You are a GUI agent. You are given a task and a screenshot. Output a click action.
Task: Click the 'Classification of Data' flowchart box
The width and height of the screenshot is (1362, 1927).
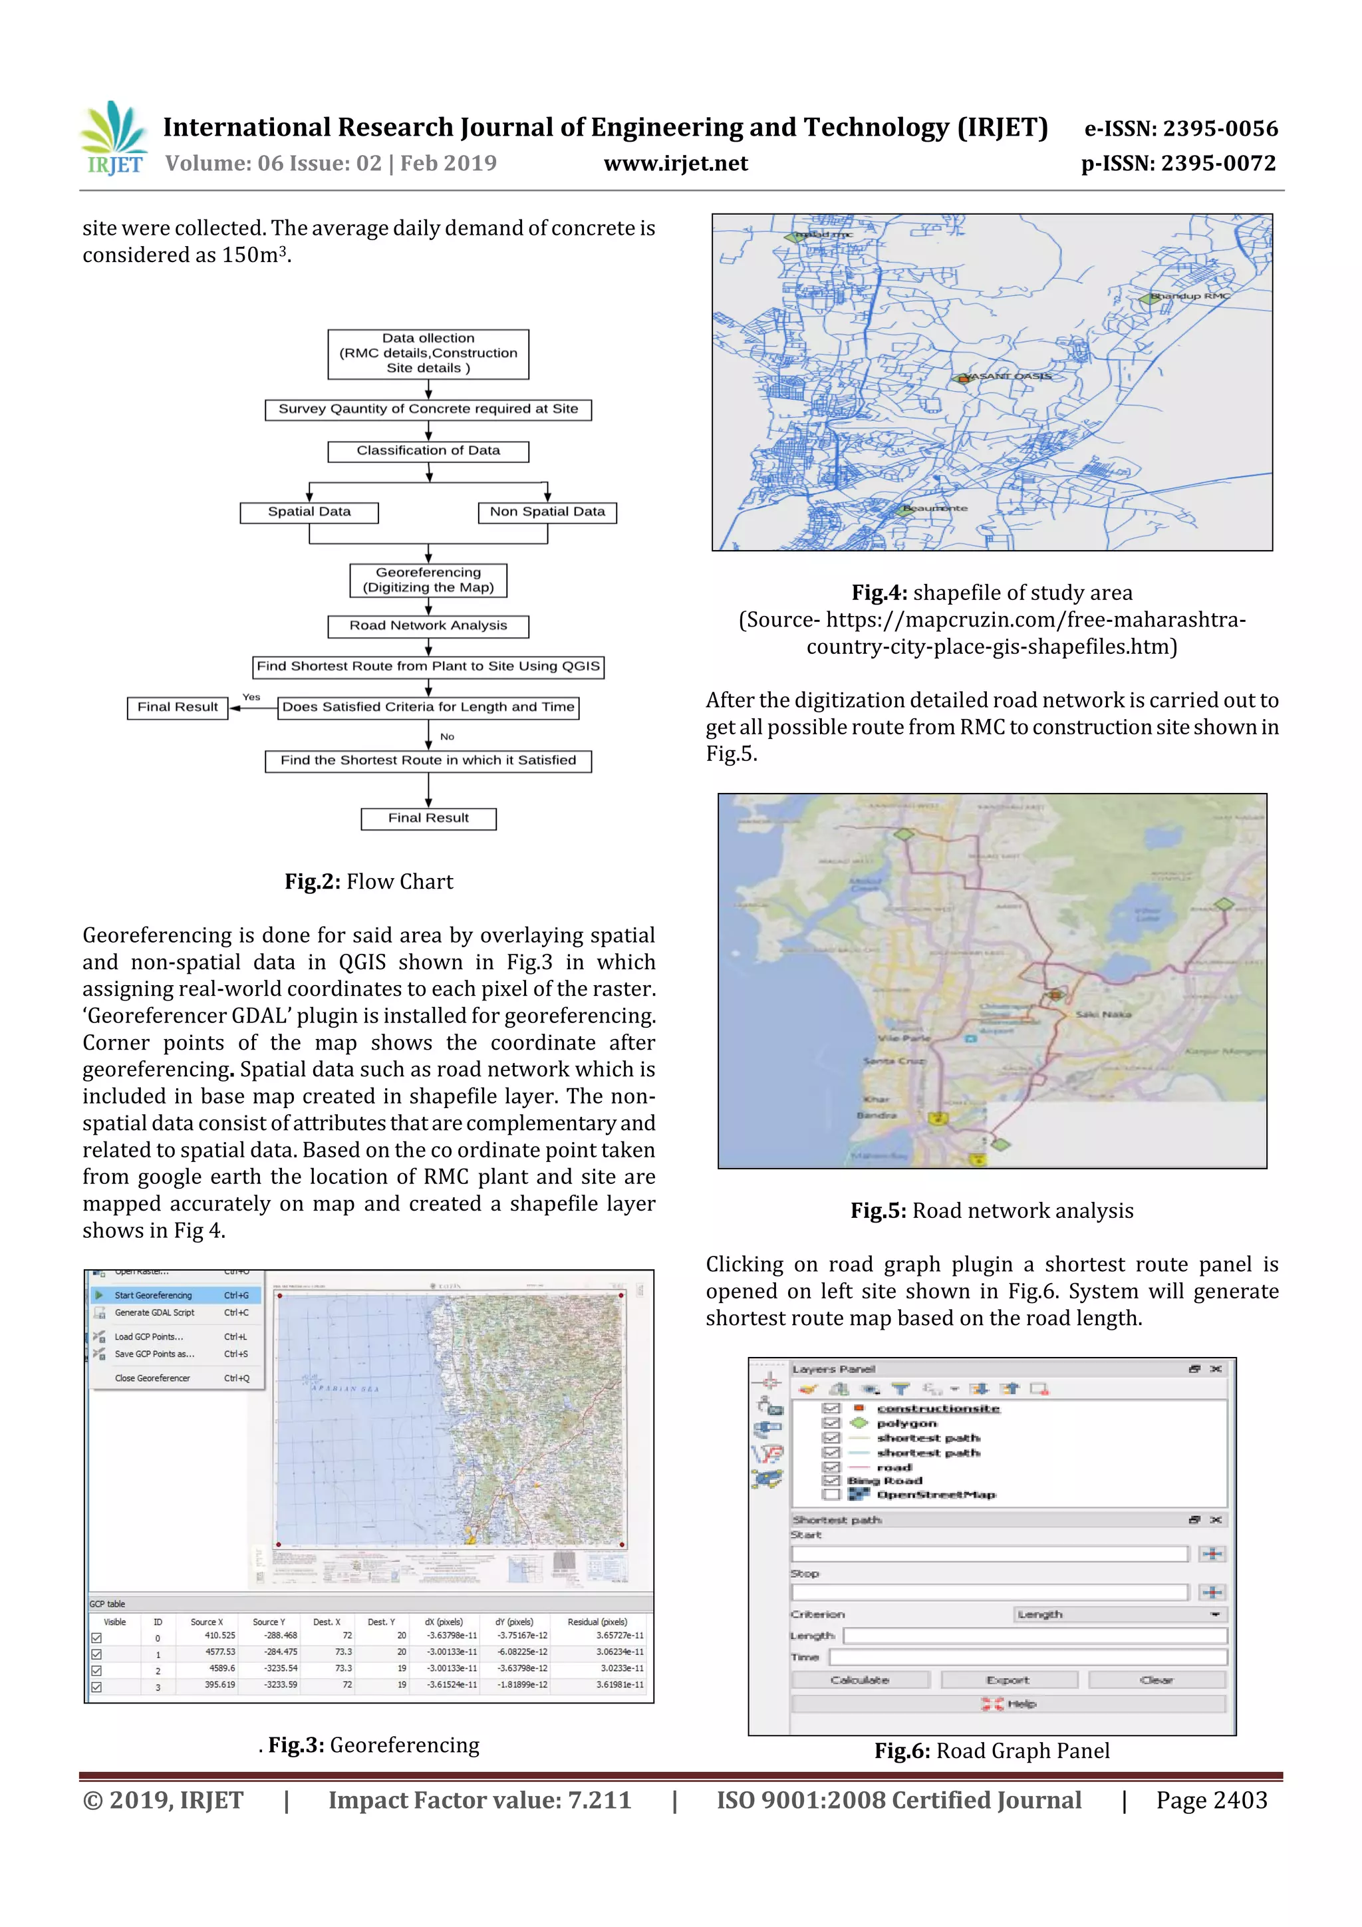[428, 452]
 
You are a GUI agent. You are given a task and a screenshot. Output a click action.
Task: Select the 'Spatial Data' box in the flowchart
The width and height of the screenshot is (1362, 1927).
[309, 512]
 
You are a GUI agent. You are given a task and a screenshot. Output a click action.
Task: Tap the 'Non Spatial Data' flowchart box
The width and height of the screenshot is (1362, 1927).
[547, 512]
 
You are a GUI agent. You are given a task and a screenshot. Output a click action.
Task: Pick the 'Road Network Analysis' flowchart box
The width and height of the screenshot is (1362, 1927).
[428, 626]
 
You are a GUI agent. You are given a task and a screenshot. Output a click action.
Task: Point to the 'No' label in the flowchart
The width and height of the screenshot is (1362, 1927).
[448, 737]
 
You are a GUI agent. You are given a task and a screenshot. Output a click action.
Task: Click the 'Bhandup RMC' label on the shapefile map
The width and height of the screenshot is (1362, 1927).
[1189, 296]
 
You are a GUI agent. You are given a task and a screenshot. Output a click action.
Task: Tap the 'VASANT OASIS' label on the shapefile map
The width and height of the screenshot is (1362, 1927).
[1006, 376]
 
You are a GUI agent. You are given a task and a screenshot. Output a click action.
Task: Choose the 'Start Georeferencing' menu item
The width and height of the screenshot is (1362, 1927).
[154, 1295]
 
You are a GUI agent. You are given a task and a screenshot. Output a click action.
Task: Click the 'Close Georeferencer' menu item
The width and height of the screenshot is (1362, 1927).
[153, 1378]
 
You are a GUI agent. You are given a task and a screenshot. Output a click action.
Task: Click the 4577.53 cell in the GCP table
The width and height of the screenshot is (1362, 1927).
[220, 1652]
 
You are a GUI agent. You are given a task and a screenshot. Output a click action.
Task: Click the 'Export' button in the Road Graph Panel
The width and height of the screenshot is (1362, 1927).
[1008, 1680]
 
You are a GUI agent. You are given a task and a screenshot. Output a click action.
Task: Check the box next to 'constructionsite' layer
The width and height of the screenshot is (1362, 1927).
[831, 1408]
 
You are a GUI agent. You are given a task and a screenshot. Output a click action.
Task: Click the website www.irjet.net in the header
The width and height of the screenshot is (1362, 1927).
[676, 164]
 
